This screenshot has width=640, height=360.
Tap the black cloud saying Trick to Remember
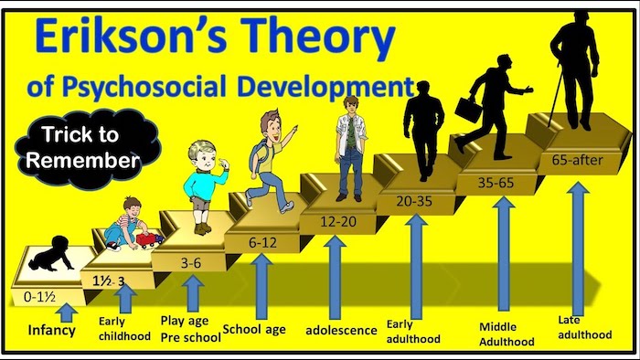point(83,146)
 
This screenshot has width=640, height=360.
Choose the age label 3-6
point(190,262)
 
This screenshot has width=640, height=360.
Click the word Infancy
point(51,330)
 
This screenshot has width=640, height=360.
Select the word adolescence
point(341,330)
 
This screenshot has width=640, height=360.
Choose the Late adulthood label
point(583,326)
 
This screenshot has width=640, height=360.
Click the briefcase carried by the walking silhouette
point(468,111)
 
